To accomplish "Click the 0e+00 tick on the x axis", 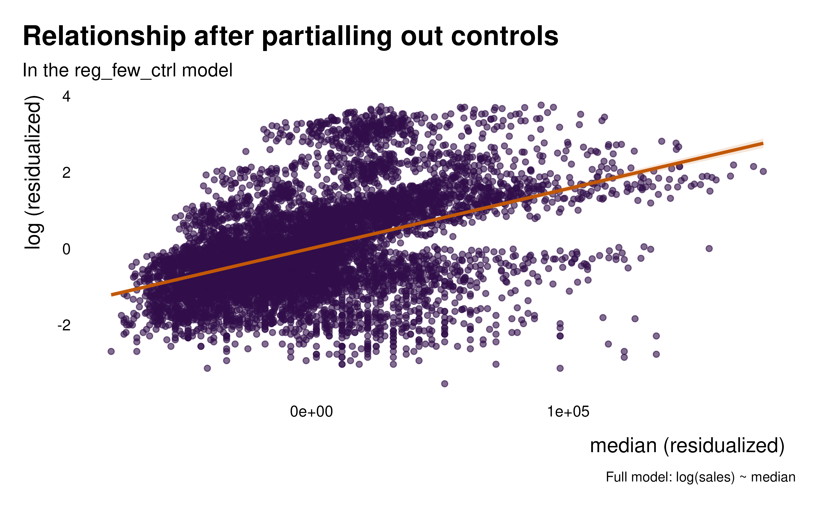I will click(x=311, y=412).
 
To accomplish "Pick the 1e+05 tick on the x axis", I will click(x=568, y=412).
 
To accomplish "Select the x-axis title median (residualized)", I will click(x=687, y=446).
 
